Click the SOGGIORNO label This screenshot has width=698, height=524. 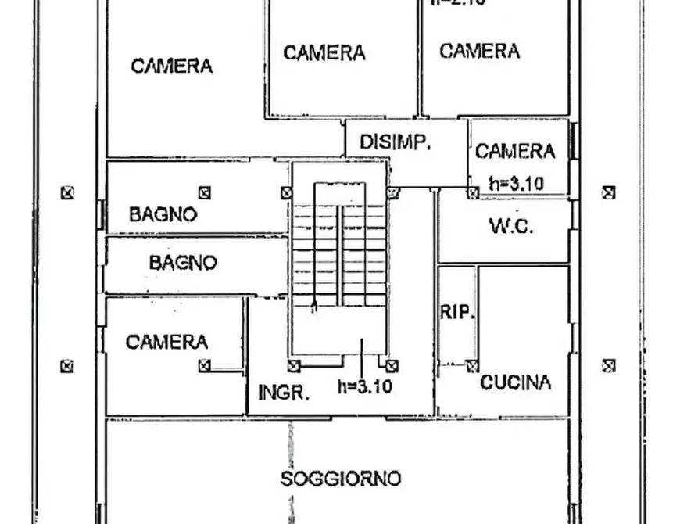341,479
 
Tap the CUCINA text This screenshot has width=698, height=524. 515,382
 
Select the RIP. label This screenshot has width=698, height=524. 457,312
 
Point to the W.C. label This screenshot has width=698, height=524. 511,227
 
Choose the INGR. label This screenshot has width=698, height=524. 283,393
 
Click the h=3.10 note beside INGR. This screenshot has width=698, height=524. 364,386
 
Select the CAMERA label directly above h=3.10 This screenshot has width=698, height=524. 514,151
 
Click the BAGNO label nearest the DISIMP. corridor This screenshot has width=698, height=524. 163,214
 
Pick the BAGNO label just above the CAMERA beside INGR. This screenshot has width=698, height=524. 183,263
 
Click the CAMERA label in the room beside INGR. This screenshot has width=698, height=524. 166,342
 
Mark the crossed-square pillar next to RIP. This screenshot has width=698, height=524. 472,365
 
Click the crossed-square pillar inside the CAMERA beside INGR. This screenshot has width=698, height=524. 204,364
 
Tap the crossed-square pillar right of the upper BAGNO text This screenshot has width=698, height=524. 204,191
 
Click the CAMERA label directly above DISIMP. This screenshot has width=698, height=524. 324,52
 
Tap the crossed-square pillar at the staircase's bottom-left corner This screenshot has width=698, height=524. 294,365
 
